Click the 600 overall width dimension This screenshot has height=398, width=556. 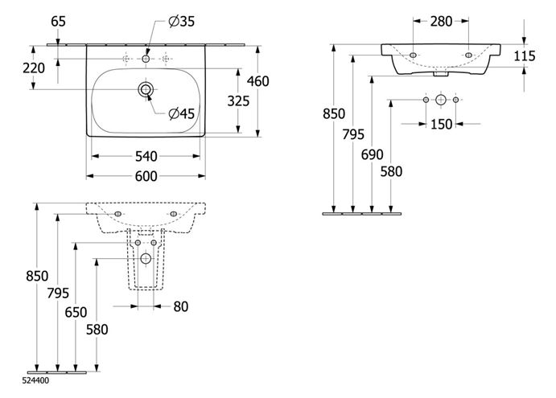pos(146,176)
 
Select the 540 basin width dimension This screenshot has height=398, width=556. pos(146,156)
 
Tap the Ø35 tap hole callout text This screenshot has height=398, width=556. pos(182,22)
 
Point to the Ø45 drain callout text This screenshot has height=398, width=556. pos(182,113)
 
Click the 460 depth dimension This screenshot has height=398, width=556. pos(258,81)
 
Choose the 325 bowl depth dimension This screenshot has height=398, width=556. pos(238,101)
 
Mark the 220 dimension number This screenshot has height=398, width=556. pos(34,68)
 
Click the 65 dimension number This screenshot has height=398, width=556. pos(59,22)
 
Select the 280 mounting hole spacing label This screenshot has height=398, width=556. pos(441,22)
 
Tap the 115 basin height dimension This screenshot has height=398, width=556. pos(525,56)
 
